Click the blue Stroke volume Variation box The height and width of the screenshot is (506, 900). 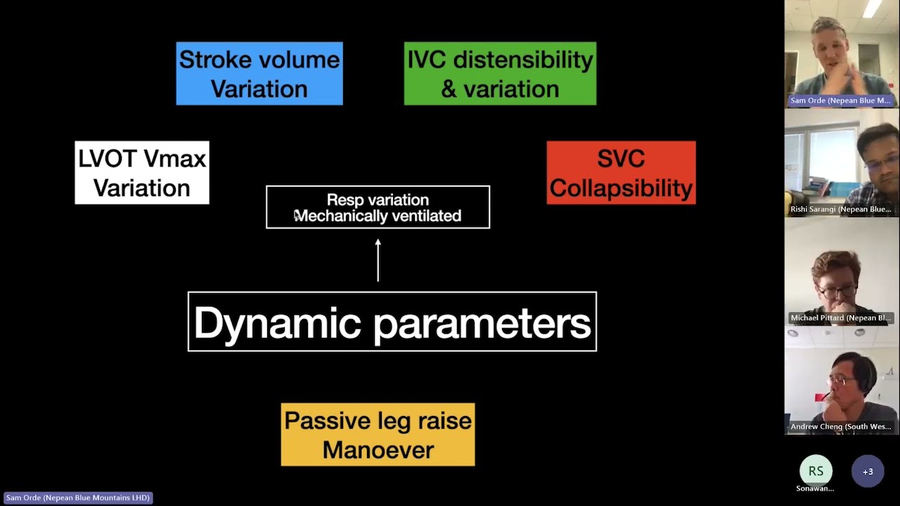pos(259,74)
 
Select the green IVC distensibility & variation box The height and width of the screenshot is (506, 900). pos(500,74)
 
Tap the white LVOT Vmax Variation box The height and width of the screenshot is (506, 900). pos(142,173)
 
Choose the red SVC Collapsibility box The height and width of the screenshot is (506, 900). pos(621,173)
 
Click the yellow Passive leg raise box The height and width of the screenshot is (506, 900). pos(378,434)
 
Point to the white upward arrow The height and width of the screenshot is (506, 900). pos(378,260)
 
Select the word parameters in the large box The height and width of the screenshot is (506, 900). pos(482,323)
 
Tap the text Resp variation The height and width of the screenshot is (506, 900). pos(378,200)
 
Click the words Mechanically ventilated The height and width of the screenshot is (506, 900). pos(378,216)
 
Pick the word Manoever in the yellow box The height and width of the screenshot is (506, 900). pos(378,450)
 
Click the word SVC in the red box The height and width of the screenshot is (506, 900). pos(621,159)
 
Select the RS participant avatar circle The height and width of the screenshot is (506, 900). pos(816,471)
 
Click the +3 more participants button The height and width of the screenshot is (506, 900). pos(868,472)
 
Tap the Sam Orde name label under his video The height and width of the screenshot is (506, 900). pos(841,100)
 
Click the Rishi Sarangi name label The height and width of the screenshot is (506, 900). pos(841,209)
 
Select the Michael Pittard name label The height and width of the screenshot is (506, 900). pos(841,318)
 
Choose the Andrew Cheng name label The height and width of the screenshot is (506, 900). pos(841,427)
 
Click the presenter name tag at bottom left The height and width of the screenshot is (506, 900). pos(77,498)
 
